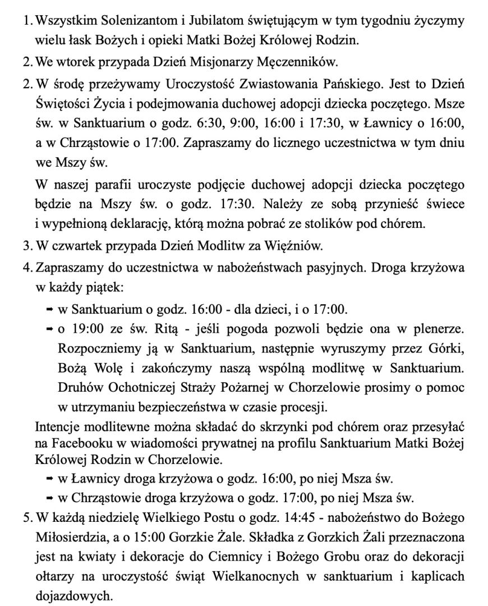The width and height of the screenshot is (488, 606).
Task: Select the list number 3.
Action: click(26, 246)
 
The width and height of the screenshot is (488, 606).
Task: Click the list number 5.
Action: click(26, 517)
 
